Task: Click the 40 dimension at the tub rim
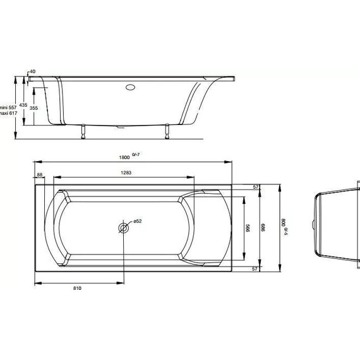click(33, 72)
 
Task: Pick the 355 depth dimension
click(33, 109)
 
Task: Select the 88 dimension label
click(40, 174)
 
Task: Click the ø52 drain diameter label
click(136, 221)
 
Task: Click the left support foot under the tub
click(81, 131)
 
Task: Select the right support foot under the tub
click(167, 131)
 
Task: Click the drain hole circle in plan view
click(123, 227)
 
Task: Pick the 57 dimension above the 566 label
click(256, 188)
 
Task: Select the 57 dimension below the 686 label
click(256, 268)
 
